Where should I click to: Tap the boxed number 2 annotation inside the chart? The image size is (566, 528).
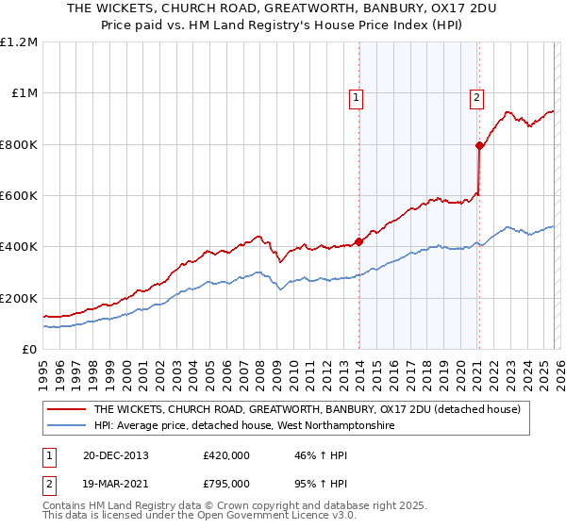477,96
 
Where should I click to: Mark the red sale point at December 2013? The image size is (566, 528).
359,241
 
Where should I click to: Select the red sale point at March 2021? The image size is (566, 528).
479,145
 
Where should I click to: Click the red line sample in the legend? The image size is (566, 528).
65,409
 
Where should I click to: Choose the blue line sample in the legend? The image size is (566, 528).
65,426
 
